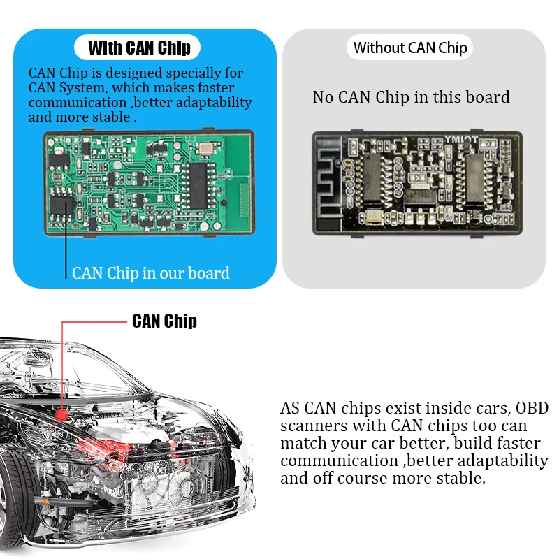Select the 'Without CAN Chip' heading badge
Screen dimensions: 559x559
tap(410, 48)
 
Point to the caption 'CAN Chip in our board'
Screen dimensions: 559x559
tap(150, 273)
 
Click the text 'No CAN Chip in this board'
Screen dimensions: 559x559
tap(411, 97)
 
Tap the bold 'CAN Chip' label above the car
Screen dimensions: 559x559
tap(164, 321)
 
